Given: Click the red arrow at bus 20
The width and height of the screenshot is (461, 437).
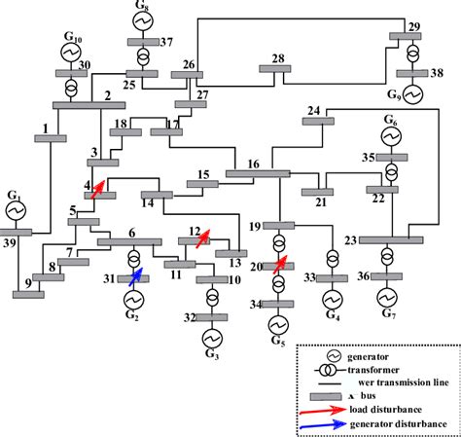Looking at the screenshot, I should (280, 262).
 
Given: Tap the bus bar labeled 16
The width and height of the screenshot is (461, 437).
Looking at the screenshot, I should (259, 174).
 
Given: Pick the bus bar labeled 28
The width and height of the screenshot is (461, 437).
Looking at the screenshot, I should (277, 68).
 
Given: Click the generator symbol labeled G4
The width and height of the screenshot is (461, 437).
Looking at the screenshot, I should (333, 296).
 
